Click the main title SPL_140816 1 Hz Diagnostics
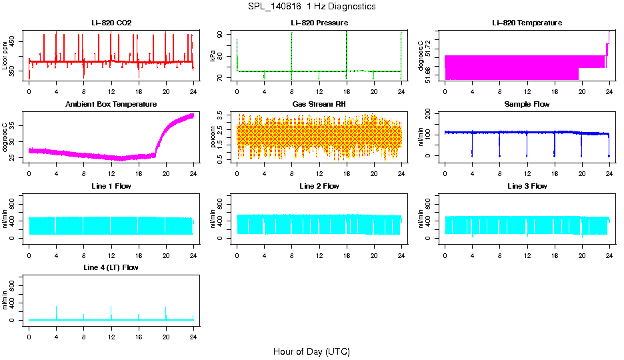coord(312,7)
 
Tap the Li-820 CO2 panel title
coord(111,23)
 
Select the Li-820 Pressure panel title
coord(319,23)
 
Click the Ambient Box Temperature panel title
coord(111,105)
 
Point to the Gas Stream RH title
coord(319,105)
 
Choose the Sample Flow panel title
coord(527,105)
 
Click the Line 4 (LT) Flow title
coord(111,267)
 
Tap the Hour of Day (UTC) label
coord(311,351)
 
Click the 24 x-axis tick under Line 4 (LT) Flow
coord(193,329)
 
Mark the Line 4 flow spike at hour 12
coord(111,308)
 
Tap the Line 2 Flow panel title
coord(319,186)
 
